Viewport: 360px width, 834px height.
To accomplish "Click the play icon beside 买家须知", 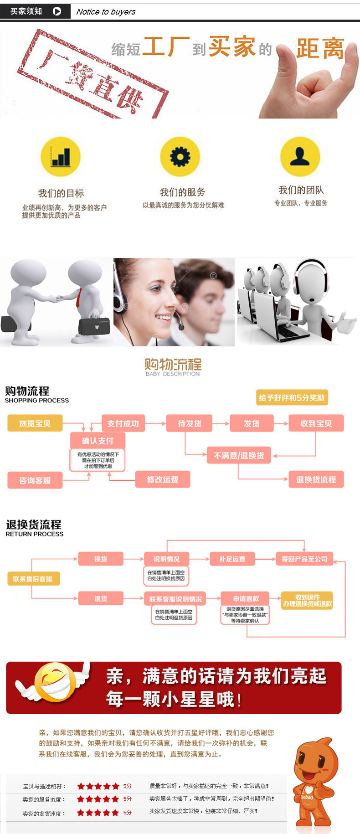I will click(57, 11).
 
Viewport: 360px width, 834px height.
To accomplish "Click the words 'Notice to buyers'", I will click(106, 12).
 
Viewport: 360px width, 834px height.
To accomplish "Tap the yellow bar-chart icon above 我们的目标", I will click(61, 157).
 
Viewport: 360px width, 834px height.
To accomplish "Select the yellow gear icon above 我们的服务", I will click(180, 157).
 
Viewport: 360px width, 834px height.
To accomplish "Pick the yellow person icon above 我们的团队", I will click(300, 156).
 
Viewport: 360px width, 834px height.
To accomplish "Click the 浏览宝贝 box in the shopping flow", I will click(35, 423).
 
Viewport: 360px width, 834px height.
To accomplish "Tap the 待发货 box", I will click(190, 423).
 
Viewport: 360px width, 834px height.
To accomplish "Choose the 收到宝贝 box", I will click(316, 423).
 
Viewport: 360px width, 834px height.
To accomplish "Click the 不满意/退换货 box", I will click(239, 455).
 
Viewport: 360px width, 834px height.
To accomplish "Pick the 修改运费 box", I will click(163, 479).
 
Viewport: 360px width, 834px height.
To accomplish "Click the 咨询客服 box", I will click(35, 480).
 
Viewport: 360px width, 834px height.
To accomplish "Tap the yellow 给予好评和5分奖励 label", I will click(292, 397).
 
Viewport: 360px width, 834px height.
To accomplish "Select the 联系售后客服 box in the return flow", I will click(33, 579).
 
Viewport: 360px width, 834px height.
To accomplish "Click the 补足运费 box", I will click(232, 559).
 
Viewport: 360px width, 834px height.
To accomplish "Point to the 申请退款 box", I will click(246, 598).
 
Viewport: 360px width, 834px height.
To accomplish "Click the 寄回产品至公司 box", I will click(304, 559).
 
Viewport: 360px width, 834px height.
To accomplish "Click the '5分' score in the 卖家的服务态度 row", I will click(127, 799).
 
